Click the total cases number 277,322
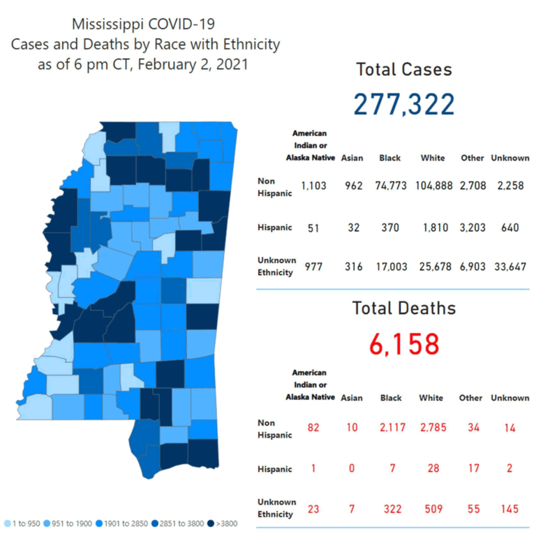tap(404, 104)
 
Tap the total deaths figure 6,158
tap(404, 343)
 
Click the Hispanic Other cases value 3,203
tap(472, 228)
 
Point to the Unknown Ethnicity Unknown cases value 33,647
tap(510, 267)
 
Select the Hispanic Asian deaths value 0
tap(351, 468)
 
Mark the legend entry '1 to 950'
tap(24, 523)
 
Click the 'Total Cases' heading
tap(404, 69)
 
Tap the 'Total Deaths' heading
tap(404, 308)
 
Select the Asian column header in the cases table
tap(352, 158)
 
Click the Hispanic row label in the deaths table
tap(275, 469)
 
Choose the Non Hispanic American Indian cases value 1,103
tap(314, 187)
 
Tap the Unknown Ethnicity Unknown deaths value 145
tap(509, 509)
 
